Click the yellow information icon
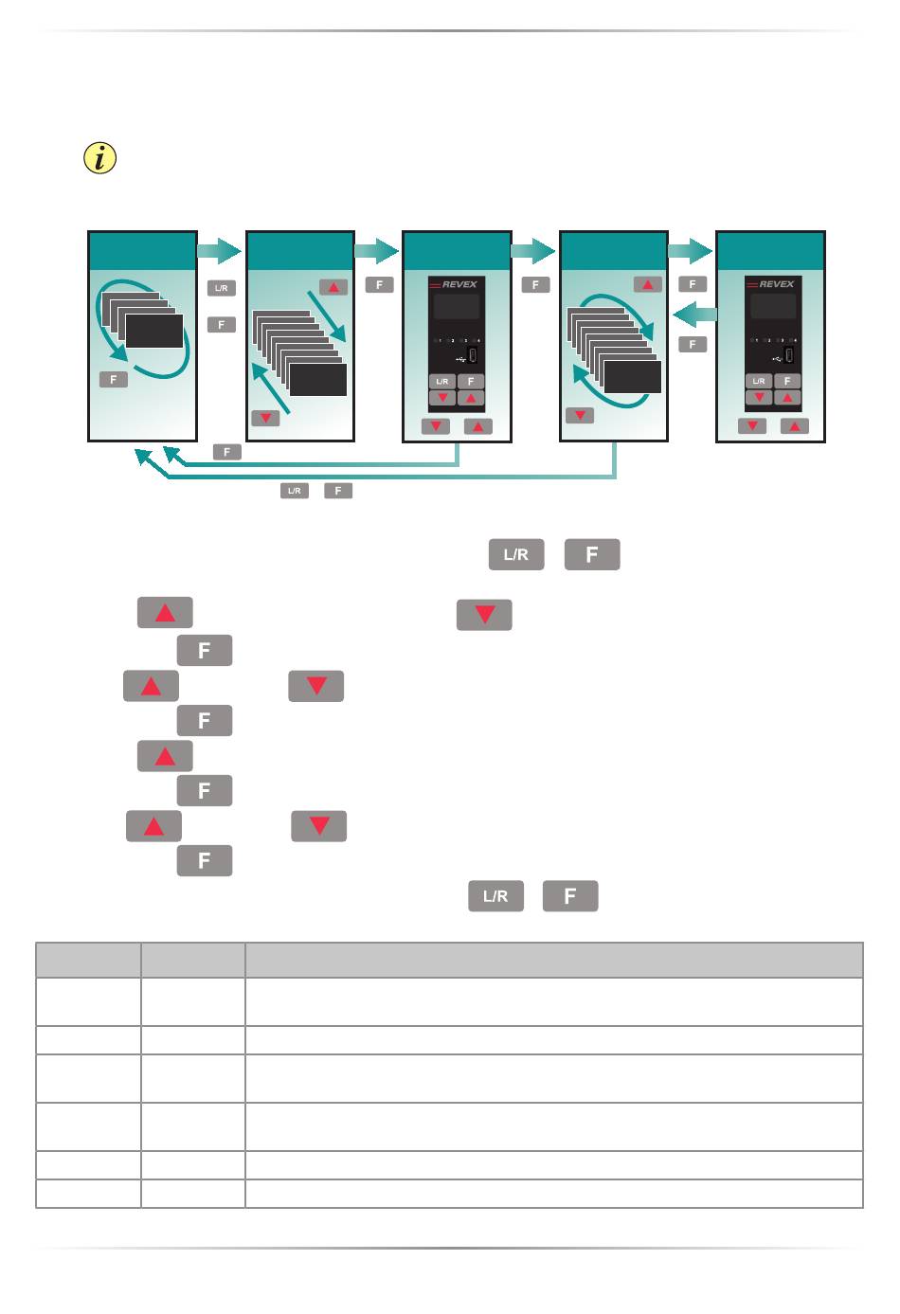click(99, 158)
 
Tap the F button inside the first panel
click(113, 379)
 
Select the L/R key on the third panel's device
click(442, 381)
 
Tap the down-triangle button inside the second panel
click(265, 417)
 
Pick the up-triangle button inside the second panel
click(333, 287)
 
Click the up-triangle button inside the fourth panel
click(647, 284)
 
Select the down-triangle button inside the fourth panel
click(579, 415)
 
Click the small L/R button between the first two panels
click(221, 288)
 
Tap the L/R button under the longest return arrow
click(294, 491)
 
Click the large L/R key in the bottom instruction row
click(495, 896)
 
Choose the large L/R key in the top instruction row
click(516, 555)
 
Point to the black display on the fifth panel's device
click(773, 306)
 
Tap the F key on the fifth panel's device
click(787, 381)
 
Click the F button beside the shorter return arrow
click(227, 453)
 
